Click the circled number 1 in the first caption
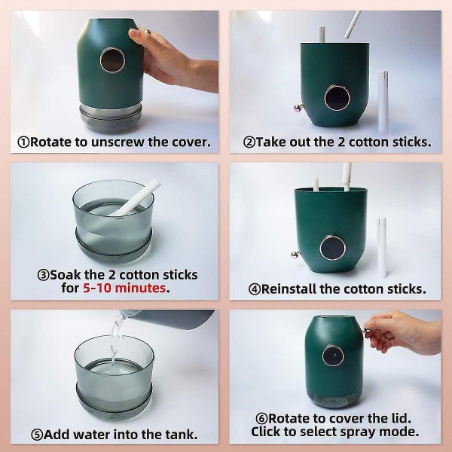24,142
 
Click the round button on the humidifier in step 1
111,60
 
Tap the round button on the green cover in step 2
336,96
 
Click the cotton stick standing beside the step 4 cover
382,246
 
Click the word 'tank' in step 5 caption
182,434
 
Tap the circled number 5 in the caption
36,434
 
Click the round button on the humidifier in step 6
333,355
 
